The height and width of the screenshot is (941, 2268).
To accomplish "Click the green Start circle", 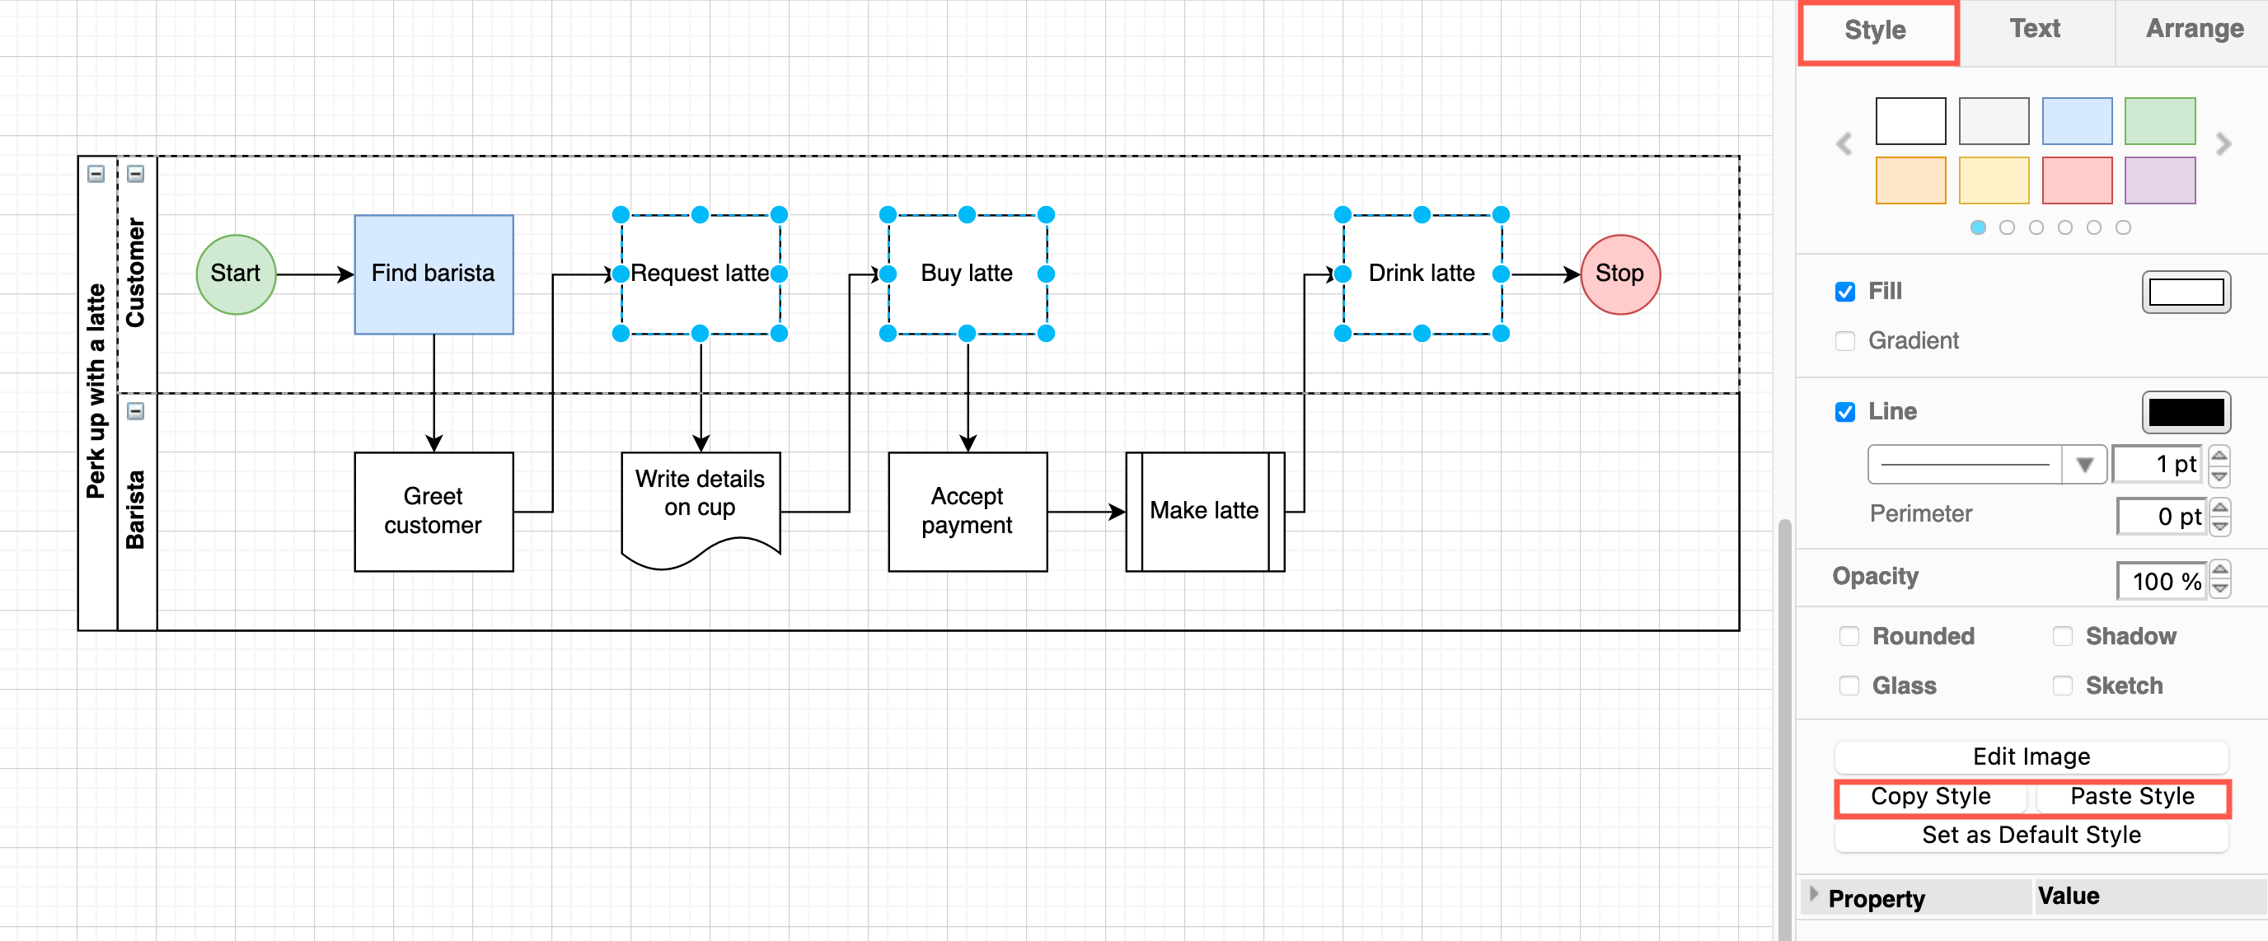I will (235, 274).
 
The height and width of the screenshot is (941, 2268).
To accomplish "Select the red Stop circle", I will (1619, 274).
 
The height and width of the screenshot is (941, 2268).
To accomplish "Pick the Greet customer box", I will (433, 511).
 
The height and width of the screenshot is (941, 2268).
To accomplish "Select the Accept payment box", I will (967, 511).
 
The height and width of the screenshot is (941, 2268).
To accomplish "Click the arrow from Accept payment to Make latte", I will (1085, 512).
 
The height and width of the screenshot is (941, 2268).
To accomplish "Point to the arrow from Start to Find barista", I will (313, 274).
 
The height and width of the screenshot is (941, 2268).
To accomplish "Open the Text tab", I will (2034, 29).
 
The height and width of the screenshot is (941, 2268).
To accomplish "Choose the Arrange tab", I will (2193, 29).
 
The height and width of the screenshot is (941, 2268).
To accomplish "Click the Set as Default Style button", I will (2031, 835).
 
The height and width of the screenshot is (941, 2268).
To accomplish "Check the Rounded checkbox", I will (1848, 635).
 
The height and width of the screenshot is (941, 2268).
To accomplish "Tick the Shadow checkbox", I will (2062, 635).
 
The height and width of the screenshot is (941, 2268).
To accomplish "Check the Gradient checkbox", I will (1844, 340).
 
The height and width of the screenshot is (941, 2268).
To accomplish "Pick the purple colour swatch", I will (2159, 180).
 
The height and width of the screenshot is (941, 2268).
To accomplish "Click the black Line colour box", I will (2186, 412).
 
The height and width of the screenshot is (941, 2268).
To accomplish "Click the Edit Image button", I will (2031, 756).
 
